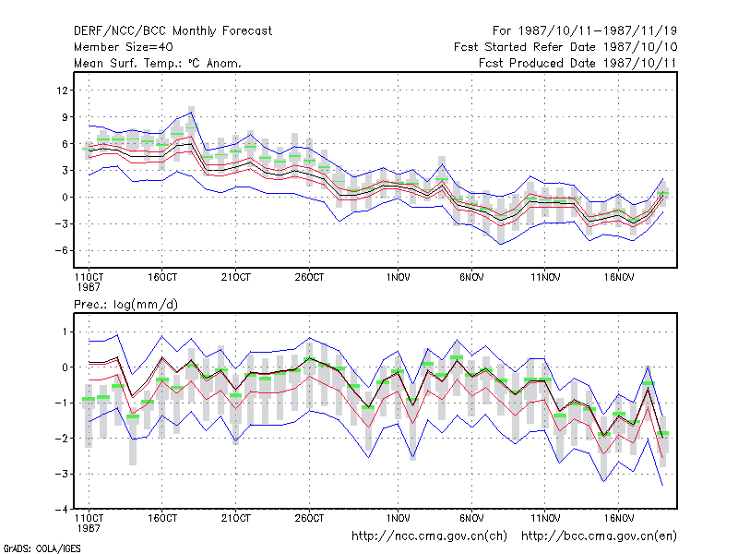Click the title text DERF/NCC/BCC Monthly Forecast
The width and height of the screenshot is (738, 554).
point(173,31)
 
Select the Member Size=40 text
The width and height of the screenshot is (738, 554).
point(124,47)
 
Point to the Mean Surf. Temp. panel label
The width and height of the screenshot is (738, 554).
point(158,63)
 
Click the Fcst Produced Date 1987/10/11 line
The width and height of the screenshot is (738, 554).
point(577,63)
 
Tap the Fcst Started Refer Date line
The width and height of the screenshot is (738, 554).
point(565,47)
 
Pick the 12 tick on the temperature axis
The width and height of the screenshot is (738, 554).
point(62,90)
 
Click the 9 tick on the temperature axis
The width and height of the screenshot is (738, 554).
point(65,117)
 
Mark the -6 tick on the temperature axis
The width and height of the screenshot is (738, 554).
point(61,250)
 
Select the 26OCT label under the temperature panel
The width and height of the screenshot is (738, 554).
point(309,278)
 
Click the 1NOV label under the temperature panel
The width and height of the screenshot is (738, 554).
point(398,278)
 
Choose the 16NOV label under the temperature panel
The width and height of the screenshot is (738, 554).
point(618,278)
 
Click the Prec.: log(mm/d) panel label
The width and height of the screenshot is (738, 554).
point(125,305)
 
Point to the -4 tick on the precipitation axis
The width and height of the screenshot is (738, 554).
point(61,510)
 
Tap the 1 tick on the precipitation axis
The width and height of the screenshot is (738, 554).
point(65,332)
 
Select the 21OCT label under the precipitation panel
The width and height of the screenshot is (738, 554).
point(236,518)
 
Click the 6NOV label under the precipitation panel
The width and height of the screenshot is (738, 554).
point(471,518)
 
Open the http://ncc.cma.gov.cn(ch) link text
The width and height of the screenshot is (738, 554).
point(429,536)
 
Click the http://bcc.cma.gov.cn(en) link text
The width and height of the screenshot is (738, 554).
point(599,536)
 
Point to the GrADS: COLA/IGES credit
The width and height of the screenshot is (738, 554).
point(42,548)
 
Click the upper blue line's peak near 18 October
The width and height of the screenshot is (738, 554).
point(192,112)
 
